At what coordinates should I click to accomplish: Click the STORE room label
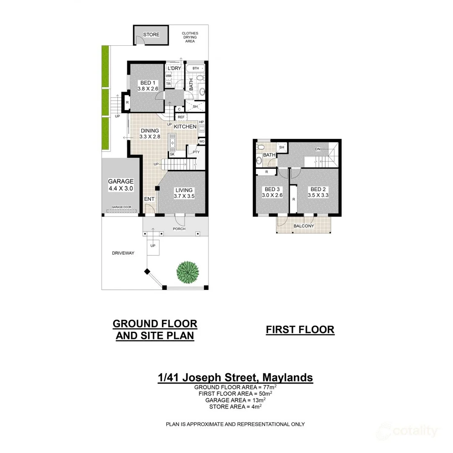(151, 34)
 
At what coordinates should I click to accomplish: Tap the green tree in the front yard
(188, 272)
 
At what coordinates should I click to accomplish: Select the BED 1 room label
(148, 86)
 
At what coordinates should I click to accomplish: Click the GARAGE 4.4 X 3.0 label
(120, 185)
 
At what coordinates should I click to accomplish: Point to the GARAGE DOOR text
(121, 208)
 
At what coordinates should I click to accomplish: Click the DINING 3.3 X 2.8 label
(150, 134)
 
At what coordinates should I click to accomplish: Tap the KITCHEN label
(185, 127)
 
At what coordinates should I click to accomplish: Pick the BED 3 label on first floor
(271, 192)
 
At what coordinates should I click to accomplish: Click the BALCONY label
(304, 226)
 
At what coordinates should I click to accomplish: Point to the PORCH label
(179, 229)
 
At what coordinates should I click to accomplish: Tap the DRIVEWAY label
(123, 253)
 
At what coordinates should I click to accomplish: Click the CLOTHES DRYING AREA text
(190, 37)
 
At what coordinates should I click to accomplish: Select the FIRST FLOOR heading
(300, 330)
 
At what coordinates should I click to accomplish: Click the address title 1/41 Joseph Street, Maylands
(235, 377)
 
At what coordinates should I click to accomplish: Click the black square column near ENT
(157, 189)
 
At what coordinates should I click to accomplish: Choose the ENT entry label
(149, 199)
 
